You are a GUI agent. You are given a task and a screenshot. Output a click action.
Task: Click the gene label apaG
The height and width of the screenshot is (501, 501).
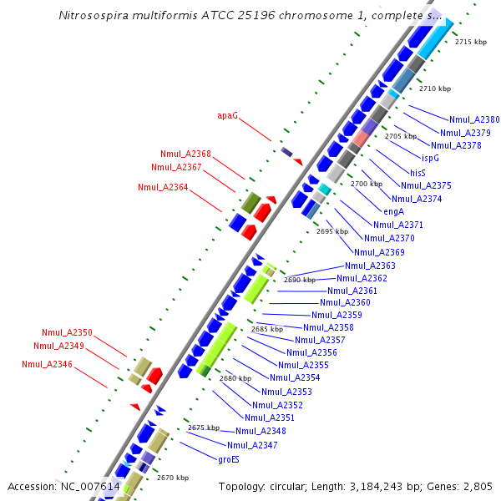tap(227, 116)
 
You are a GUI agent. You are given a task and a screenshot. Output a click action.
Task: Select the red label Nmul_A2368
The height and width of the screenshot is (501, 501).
tap(185, 154)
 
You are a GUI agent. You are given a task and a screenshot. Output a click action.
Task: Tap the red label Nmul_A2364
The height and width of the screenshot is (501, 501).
tap(163, 187)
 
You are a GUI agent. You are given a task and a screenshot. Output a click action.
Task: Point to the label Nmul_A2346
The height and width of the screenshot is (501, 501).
tap(47, 364)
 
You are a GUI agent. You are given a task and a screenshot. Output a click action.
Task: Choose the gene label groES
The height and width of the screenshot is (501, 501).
tap(229, 459)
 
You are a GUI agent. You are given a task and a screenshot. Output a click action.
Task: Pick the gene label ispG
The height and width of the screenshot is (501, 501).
tap(429, 158)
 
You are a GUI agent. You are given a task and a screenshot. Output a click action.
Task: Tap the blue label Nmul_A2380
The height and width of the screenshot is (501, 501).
tap(474, 119)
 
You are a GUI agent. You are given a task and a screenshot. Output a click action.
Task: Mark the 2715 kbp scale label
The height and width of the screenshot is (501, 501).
tap(470, 42)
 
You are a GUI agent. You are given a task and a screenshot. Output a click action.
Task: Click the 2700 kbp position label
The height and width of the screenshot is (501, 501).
tap(366, 184)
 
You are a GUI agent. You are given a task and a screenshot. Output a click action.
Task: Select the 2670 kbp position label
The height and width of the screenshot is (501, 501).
tap(172, 478)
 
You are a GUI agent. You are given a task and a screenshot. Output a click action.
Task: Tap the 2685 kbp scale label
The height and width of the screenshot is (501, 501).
tap(267, 330)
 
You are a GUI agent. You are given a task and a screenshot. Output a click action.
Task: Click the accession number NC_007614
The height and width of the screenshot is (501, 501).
tap(90, 486)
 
